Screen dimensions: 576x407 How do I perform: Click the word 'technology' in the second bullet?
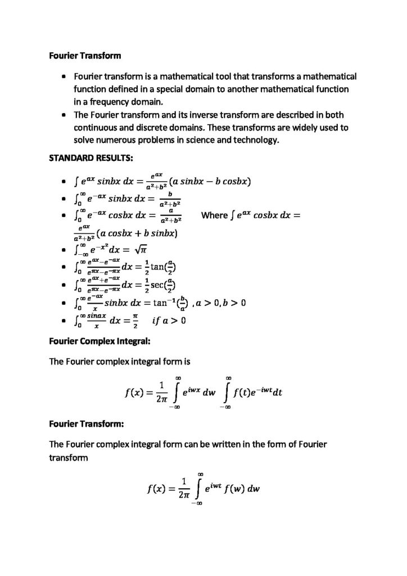(248, 140)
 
